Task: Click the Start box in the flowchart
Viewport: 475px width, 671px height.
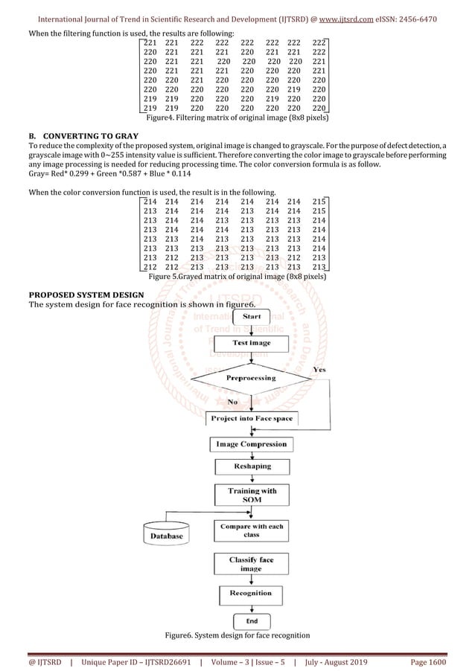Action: pyautogui.click(x=250, y=317)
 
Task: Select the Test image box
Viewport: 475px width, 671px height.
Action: pyautogui.click(x=251, y=343)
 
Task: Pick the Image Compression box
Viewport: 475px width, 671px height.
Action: pyautogui.click(x=251, y=444)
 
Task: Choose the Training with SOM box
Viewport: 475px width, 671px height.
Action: pyautogui.click(x=251, y=495)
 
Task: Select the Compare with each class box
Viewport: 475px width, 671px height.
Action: pyautogui.click(x=251, y=530)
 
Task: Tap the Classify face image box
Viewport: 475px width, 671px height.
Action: pyautogui.click(x=251, y=563)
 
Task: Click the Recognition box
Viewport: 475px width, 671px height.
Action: pyautogui.click(x=251, y=593)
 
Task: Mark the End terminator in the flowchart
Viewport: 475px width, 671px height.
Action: pyautogui.click(x=251, y=620)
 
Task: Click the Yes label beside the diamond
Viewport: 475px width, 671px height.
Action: pyautogui.click(x=319, y=370)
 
